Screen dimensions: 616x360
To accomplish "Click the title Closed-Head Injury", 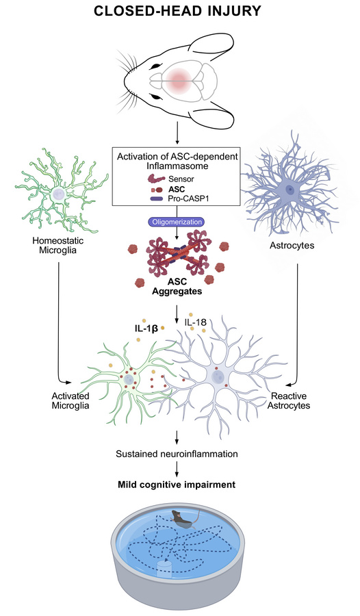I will pos(179,13).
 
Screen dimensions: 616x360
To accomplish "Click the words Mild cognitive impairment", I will pos(179,485).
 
